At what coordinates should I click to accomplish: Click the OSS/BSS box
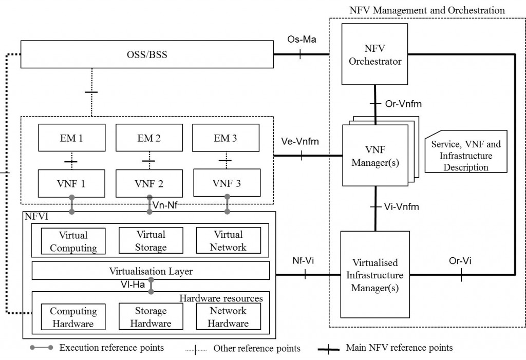(147, 55)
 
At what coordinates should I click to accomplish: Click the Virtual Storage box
(151, 241)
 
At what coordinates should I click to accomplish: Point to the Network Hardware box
(229, 317)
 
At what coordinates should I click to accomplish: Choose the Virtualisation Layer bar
(151, 271)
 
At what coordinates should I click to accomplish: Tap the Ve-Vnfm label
(300, 141)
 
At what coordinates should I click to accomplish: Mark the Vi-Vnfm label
(401, 207)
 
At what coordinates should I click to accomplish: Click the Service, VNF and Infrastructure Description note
(466, 156)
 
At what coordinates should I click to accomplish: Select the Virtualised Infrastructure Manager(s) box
(375, 275)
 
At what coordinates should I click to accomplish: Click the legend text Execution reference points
(111, 348)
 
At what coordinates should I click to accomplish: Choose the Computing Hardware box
(73, 317)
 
